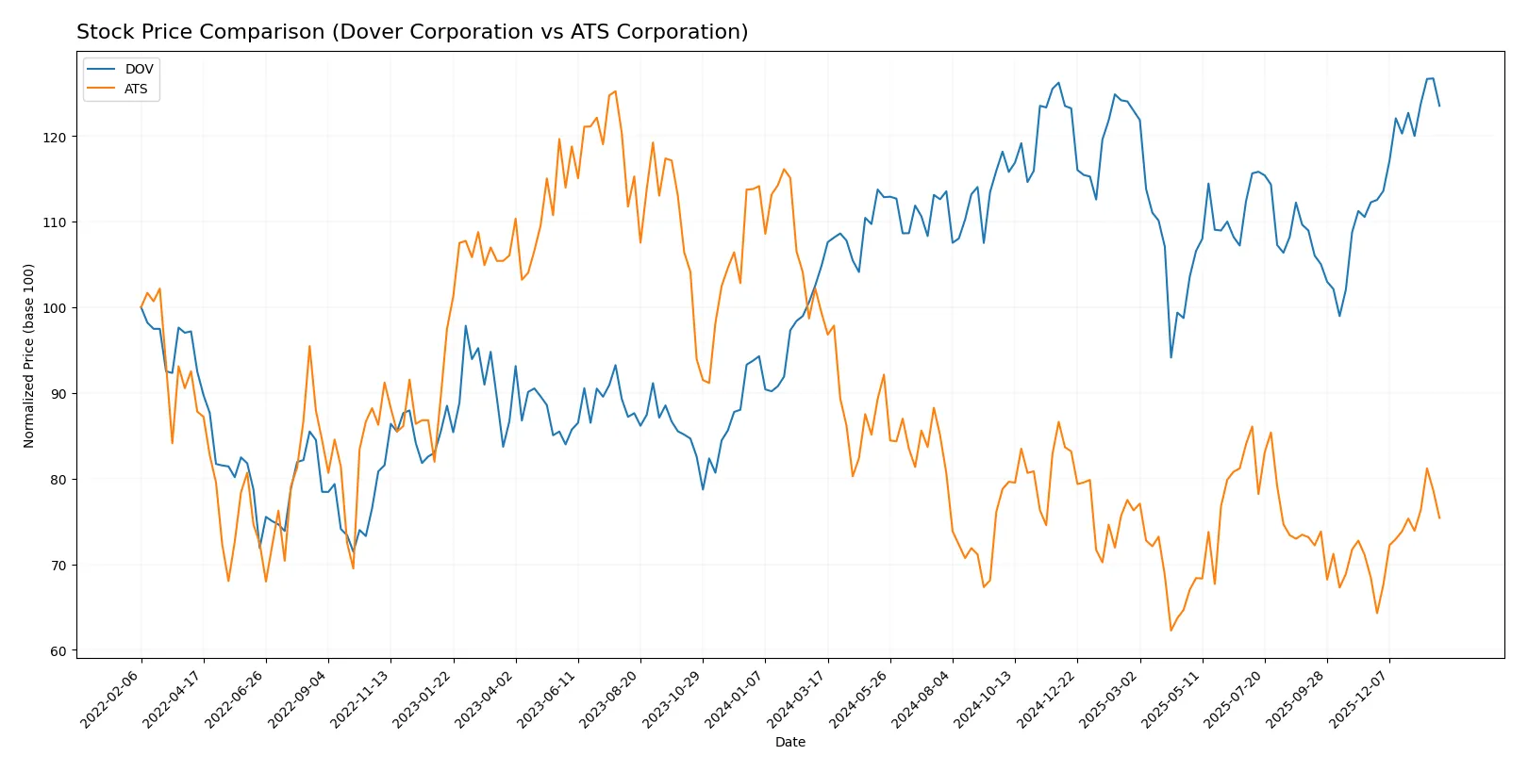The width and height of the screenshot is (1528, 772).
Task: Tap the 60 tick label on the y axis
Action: click(59, 651)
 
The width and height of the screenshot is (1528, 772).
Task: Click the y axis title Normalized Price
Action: click(29, 355)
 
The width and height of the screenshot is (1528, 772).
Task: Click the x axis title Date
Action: click(789, 742)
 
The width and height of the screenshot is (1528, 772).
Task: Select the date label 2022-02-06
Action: click(111, 698)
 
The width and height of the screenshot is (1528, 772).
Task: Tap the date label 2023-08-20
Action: click(610, 698)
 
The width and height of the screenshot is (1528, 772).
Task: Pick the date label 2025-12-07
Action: click(1359, 698)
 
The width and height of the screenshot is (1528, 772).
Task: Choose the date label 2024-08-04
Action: click(922, 698)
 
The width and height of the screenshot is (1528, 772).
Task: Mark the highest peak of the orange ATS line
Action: click(615, 91)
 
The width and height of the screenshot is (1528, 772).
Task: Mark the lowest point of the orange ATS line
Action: click(1171, 631)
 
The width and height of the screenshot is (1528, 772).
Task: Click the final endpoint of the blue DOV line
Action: click(1439, 106)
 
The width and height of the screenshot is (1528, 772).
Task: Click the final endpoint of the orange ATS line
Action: click(1439, 517)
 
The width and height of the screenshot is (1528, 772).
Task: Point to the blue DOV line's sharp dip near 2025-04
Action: click(1171, 357)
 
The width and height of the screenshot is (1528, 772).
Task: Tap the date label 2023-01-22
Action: click(424, 698)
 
